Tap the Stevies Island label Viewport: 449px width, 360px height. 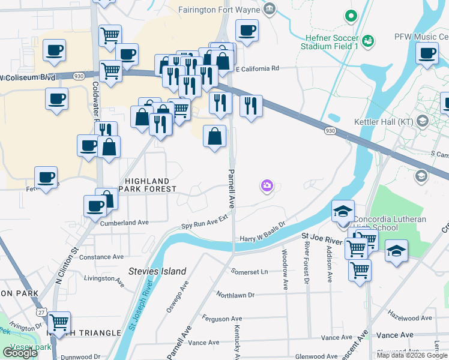point(157,271)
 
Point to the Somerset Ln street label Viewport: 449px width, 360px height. point(250,271)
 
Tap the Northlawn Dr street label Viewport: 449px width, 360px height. point(236,295)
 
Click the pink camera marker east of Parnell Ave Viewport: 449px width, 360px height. point(267,187)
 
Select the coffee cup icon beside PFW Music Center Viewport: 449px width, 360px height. point(427,53)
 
